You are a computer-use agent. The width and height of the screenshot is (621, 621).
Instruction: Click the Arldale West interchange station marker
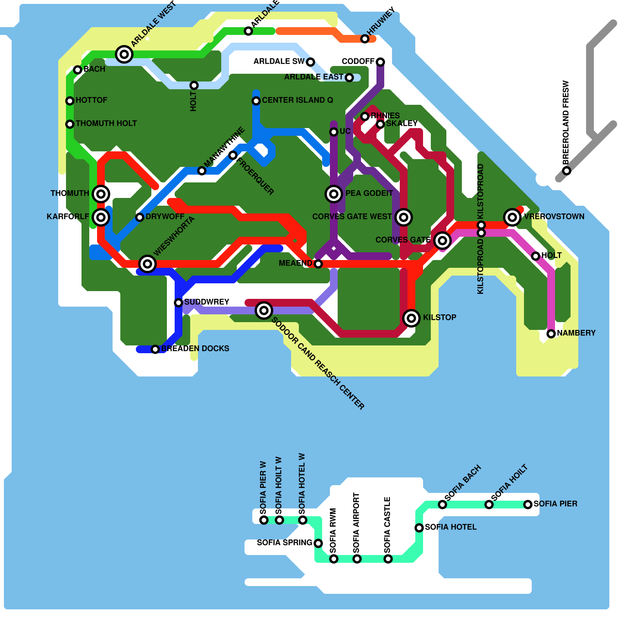click(x=124, y=54)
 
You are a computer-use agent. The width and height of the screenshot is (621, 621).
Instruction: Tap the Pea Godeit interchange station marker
click(x=334, y=194)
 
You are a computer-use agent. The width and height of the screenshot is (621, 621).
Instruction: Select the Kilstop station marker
click(x=411, y=318)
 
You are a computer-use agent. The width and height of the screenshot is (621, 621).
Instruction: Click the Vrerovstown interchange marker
click(x=512, y=217)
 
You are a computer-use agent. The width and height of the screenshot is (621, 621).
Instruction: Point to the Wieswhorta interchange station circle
click(x=147, y=264)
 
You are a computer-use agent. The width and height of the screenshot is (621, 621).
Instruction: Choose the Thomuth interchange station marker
click(x=101, y=194)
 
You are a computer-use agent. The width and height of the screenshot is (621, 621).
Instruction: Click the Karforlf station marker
click(x=101, y=217)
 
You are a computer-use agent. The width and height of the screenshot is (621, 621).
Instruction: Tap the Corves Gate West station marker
click(x=404, y=217)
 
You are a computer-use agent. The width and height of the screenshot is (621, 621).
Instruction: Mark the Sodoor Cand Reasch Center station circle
click(x=264, y=310)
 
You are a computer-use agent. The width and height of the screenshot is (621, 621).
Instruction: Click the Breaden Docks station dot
click(x=155, y=349)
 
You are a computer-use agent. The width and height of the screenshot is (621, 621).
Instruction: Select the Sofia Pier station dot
click(x=528, y=505)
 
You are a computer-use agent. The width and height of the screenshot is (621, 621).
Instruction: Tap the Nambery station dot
click(x=551, y=334)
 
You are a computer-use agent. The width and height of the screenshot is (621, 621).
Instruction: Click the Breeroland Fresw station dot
click(x=567, y=171)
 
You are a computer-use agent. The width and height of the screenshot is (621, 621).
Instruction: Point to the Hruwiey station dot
click(x=365, y=39)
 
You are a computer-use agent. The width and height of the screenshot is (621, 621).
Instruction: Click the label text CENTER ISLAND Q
click(x=297, y=100)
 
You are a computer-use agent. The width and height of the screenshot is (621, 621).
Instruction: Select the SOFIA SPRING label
click(x=284, y=543)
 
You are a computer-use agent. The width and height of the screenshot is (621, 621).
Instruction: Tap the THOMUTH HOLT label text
click(x=106, y=123)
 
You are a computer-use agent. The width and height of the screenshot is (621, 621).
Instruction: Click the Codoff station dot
click(x=380, y=62)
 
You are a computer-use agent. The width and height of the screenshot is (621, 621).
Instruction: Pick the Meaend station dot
click(x=318, y=264)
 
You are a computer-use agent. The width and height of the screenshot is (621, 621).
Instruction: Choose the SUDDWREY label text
click(x=206, y=302)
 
